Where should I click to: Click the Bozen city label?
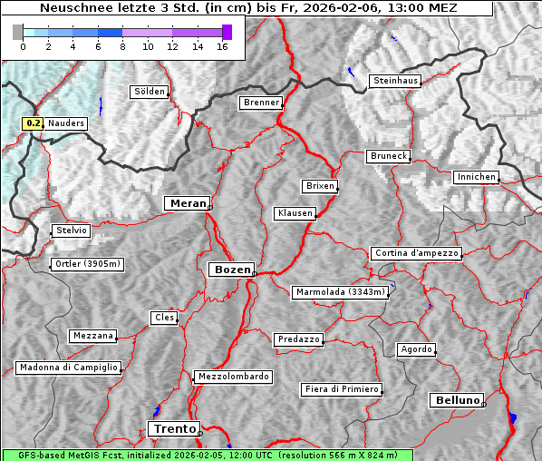(231, 270)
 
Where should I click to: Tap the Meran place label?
(186, 203)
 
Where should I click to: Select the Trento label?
(173, 429)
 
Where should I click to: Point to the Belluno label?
(456, 399)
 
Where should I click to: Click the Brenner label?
(261, 103)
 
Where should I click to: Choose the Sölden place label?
(150, 92)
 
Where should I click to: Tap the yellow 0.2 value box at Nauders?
(33, 123)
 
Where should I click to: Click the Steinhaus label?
(396, 81)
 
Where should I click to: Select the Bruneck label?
(388, 156)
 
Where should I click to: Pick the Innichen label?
(476, 177)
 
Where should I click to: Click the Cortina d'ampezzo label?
(416, 253)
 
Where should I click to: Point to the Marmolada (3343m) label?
(341, 292)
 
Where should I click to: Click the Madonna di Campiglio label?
(68, 368)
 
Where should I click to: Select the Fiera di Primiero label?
(342, 389)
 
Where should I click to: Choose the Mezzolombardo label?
(232, 376)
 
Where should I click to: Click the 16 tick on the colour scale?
(222, 46)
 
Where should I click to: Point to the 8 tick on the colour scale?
(122, 46)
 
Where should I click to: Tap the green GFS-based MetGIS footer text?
(207, 455)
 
